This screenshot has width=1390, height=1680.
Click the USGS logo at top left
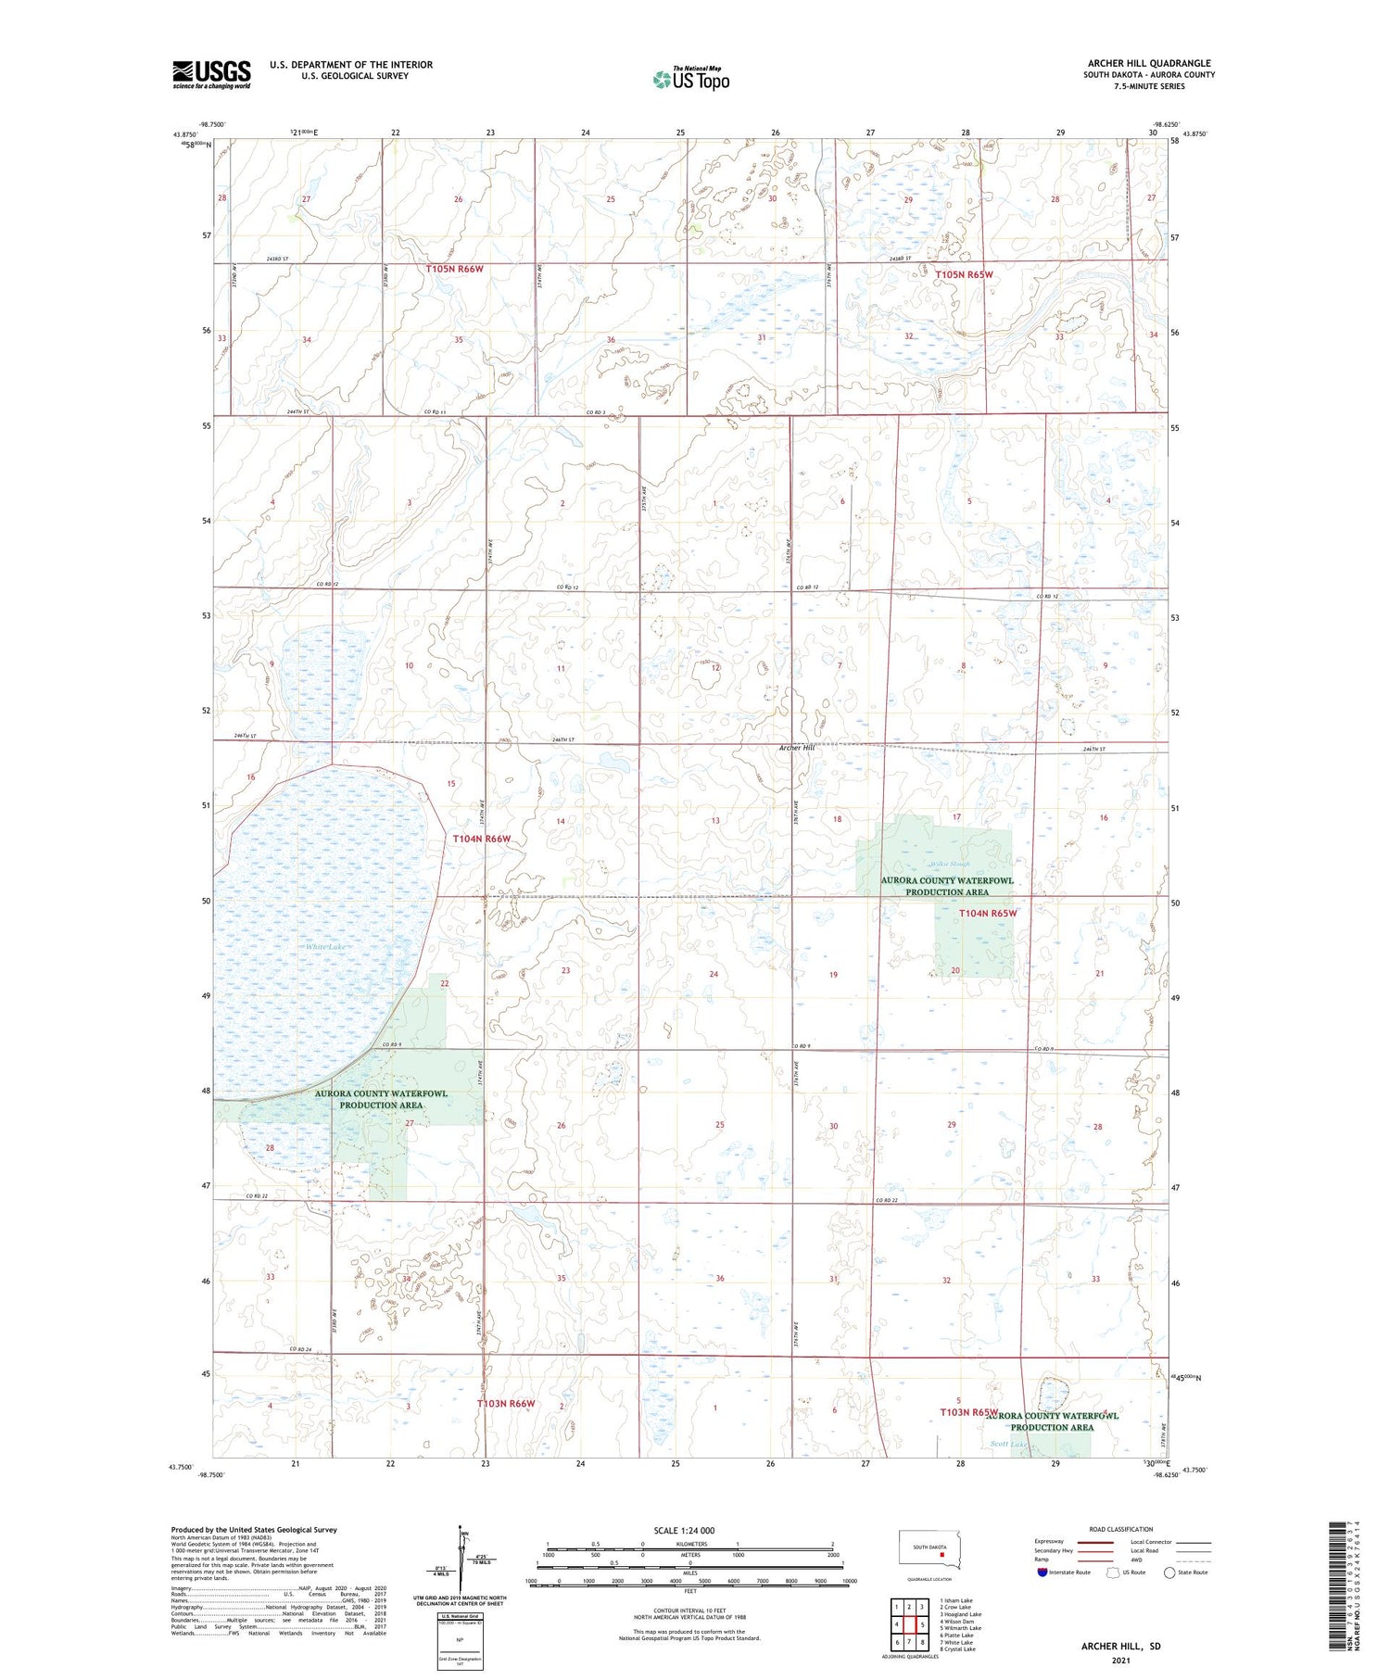211,74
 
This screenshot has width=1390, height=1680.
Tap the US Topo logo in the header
690,79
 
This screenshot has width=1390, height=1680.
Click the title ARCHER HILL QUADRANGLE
1149,64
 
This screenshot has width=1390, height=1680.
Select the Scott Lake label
1009,1445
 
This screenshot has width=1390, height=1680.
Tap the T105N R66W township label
455,269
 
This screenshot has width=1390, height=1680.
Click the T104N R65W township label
987,913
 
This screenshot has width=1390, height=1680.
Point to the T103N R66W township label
506,1404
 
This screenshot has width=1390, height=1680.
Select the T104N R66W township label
482,839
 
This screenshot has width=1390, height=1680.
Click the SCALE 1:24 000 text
684,1531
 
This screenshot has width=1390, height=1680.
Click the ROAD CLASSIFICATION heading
1121,1529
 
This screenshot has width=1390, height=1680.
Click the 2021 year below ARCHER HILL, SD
1120,1661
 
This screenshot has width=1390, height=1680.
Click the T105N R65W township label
964,275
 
